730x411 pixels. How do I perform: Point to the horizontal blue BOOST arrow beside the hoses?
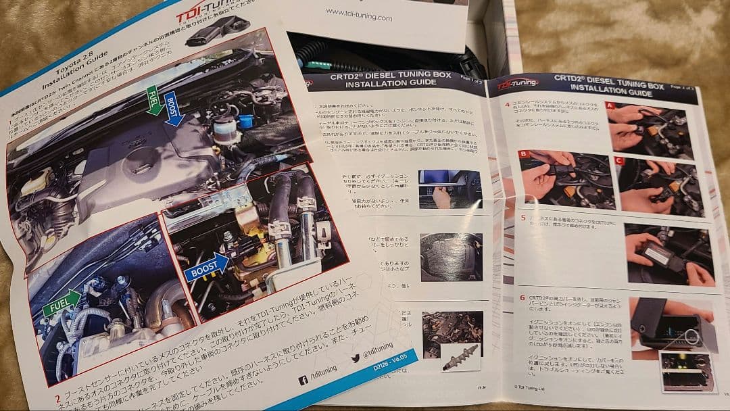click(207, 268)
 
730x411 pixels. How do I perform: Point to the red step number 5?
click(523, 218)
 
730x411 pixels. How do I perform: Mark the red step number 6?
click(522, 297)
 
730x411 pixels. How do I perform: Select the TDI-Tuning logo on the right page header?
click(518, 84)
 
